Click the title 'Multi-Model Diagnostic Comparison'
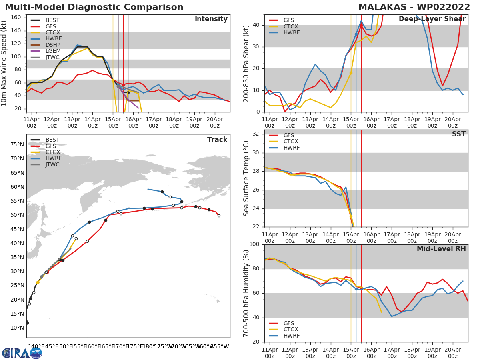pyautogui.click(x=94, y=7)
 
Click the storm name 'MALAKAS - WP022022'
pyautogui.click(x=414, y=7)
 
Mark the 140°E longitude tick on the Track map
pyautogui.click(x=36, y=346)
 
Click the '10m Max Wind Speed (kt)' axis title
pyautogui.click(x=4, y=63)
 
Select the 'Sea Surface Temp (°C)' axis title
pyautogui.click(x=246, y=178)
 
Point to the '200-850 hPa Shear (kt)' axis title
pyautogui.click(x=246, y=63)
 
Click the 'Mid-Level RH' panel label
pyautogui.click(x=441, y=249)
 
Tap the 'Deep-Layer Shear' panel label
pyautogui.click(x=432, y=19)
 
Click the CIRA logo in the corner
pyautogui.click(x=22, y=353)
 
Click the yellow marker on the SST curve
pyautogui.click(x=351, y=216)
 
